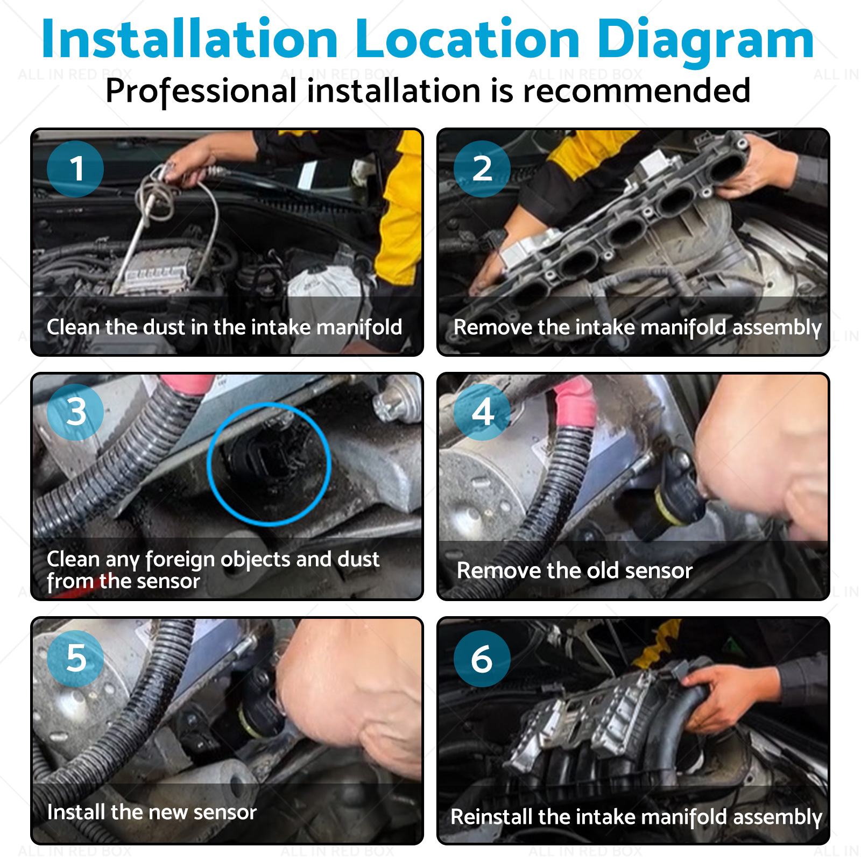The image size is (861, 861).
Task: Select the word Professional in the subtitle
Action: [201, 91]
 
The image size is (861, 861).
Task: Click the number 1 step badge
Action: [75, 168]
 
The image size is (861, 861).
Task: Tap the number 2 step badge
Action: [482, 168]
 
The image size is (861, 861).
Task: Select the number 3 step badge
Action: [75, 412]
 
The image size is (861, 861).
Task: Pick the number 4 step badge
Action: [482, 412]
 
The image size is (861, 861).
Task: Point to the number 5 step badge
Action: [75, 658]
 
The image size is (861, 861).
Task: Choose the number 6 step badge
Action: [482, 658]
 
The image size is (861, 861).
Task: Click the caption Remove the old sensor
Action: [575, 570]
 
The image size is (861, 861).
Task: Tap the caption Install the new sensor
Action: [152, 812]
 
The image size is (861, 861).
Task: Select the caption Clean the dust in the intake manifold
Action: [224, 327]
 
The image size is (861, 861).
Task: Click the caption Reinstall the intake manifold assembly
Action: [636, 817]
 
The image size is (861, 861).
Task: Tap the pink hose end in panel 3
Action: [187, 384]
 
